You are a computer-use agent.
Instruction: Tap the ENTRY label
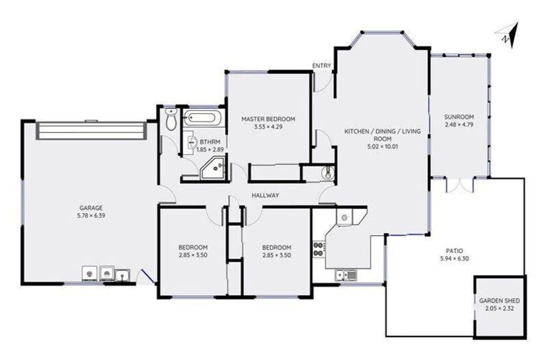(322, 66)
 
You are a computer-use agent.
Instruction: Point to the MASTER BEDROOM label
(268, 119)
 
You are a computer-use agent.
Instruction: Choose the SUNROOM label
(459, 117)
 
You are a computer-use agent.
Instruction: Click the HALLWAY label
(265, 196)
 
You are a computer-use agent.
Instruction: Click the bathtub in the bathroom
(203, 118)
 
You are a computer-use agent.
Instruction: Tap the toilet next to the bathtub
(170, 120)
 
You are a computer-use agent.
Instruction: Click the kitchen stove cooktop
(318, 247)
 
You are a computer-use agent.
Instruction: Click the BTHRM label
(209, 141)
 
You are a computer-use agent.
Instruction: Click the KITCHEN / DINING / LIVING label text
(382, 132)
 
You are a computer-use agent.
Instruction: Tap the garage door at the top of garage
(90, 130)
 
